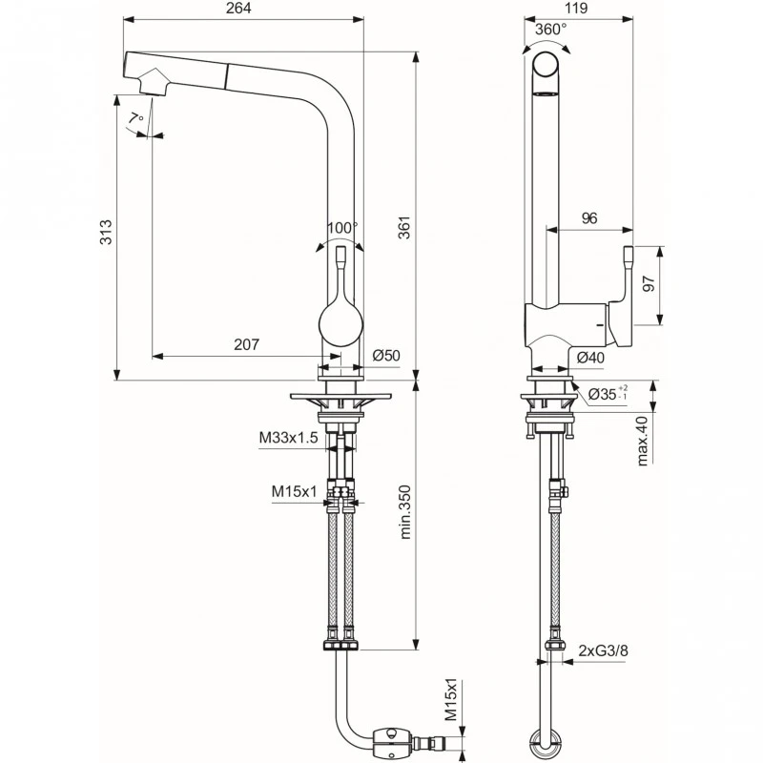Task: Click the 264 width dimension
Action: coord(241,9)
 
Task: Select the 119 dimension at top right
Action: coord(575,9)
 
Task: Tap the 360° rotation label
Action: coord(550,29)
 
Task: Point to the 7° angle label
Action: coord(137,118)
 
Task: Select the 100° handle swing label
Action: coord(341,228)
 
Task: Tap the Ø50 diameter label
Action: coord(385,356)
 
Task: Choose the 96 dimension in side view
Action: coord(588,218)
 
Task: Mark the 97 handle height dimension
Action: coord(650,285)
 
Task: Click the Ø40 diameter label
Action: coord(590,358)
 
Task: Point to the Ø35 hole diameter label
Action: coord(607,393)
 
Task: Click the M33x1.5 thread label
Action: coord(289,438)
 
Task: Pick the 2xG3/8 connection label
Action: coord(603,651)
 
